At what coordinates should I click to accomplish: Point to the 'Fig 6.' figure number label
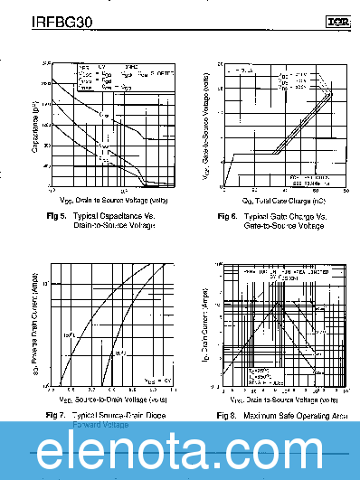(x=228, y=217)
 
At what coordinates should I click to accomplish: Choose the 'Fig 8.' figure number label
(x=227, y=415)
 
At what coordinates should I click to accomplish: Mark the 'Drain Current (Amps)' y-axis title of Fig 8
(x=206, y=325)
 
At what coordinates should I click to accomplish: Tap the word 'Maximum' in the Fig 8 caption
(x=261, y=415)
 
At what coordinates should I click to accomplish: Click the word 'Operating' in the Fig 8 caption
(x=315, y=415)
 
